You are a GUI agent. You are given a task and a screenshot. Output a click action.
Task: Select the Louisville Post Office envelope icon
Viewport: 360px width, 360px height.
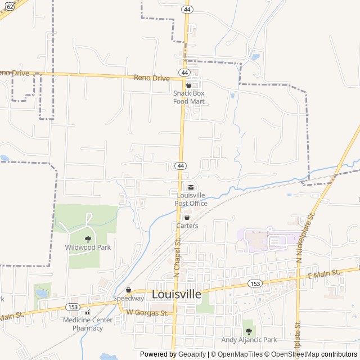pyautogui.click(x=191, y=187)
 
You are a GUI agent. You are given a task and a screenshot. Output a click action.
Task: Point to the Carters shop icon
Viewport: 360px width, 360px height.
pyautogui.click(x=187, y=218)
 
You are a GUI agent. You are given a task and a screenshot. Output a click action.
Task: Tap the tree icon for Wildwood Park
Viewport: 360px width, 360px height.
pyautogui.click(x=87, y=239)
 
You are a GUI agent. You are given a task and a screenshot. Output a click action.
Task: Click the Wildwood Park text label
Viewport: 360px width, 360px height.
pyautogui.click(x=88, y=247)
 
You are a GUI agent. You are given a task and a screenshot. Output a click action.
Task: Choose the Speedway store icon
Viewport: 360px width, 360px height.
pyautogui.click(x=128, y=290)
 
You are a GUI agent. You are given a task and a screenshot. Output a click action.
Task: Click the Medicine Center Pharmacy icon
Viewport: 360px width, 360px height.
pyautogui.click(x=87, y=312)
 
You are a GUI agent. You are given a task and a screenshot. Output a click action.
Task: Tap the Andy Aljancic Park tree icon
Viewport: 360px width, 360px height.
pyautogui.click(x=249, y=331)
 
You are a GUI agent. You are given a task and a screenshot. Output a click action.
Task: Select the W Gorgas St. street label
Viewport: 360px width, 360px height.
pyautogui.click(x=147, y=312)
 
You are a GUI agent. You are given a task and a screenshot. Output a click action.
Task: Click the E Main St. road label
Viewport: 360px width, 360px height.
pyautogui.click(x=325, y=273)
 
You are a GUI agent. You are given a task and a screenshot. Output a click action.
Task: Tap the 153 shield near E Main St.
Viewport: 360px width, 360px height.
pyautogui.click(x=255, y=284)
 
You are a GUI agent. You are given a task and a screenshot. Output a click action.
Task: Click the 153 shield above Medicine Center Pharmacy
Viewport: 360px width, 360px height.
pyautogui.click(x=73, y=307)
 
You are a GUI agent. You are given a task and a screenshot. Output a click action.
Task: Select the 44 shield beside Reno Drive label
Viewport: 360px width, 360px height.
pyautogui.click(x=184, y=73)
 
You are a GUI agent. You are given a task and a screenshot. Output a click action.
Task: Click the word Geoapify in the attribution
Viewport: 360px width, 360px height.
pyautogui.click(x=192, y=354)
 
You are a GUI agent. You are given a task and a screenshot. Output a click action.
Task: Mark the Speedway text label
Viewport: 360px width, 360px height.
pyautogui.click(x=128, y=298)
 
